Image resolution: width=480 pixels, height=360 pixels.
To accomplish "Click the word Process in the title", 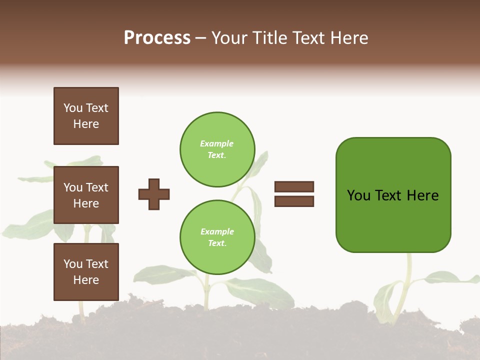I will point(157,38).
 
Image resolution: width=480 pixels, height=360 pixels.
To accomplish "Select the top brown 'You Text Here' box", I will point(86,116).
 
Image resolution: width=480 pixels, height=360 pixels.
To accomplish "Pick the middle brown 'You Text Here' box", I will point(86,195).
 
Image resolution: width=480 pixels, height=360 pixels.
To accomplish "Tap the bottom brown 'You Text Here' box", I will point(86,272).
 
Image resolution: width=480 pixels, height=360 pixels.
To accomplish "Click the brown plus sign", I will point(154,194).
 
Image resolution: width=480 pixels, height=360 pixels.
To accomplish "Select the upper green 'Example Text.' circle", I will point(217,149).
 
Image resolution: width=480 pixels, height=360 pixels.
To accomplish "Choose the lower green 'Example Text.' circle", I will point(217,237).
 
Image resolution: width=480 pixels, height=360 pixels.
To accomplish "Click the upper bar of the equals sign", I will point(294,186).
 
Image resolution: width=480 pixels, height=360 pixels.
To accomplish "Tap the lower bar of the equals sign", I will point(294,201).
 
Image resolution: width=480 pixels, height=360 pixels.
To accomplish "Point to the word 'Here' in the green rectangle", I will point(422,195).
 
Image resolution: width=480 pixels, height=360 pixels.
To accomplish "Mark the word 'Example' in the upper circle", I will point(216,143).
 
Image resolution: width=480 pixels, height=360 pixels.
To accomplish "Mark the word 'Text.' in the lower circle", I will point(217,243).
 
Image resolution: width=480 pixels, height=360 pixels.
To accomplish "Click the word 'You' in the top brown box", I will point(73,108).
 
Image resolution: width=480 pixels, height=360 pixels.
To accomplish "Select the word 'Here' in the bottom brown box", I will point(86,280).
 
